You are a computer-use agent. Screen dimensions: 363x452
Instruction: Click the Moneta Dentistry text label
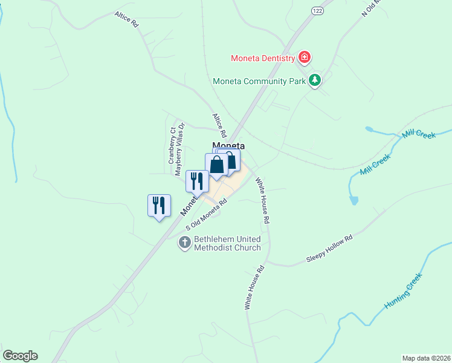tap(263, 59)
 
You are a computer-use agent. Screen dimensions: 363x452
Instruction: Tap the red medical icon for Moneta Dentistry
tap(305, 58)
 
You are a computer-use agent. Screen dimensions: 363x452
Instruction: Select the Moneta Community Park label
tap(259, 80)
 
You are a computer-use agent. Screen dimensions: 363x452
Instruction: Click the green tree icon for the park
tap(314, 79)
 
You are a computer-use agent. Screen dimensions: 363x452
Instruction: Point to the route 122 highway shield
tap(318, 11)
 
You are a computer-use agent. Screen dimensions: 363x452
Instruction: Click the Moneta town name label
tap(228, 146)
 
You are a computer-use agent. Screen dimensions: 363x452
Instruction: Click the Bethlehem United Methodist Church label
tap(227, 243)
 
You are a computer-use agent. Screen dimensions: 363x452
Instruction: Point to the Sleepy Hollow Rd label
tap(329, 249)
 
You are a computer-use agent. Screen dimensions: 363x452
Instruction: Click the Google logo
tap(20, 356)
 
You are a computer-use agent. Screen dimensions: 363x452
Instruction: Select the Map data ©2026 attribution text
tap(426, 358)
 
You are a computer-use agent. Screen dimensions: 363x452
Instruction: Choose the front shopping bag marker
tap(216, 165)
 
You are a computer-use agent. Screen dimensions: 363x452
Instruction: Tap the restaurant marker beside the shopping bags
tap(197, 181)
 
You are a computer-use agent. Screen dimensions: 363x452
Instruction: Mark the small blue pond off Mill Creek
tap(354, 200)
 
